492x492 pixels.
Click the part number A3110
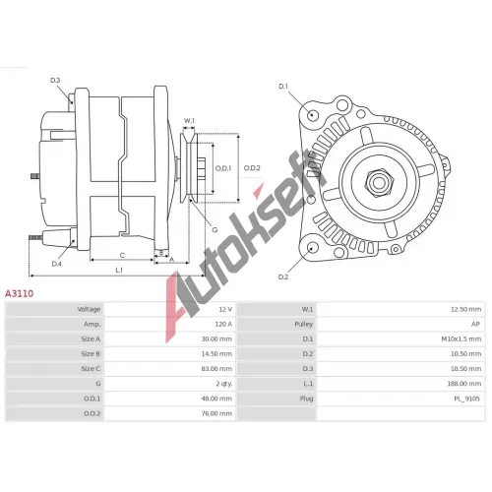coord(19,293)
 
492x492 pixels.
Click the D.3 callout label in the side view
coord(55,81)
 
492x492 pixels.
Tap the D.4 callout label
coord(57,264)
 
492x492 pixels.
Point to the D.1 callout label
coord(283,87)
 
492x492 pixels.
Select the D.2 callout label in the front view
coord(283,277)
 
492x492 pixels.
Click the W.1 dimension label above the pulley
coord(189,121)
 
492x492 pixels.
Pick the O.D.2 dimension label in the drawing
coord(252,168)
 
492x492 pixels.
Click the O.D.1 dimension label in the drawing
coord(223,168)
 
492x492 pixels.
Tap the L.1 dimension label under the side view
coord(119,270)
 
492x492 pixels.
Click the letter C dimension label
coord(122,255)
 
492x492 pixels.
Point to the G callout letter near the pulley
coord(215,229)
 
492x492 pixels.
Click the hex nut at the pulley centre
coord(379,183)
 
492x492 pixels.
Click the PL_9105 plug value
coord(466,399)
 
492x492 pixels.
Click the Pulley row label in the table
coord(304,324)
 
